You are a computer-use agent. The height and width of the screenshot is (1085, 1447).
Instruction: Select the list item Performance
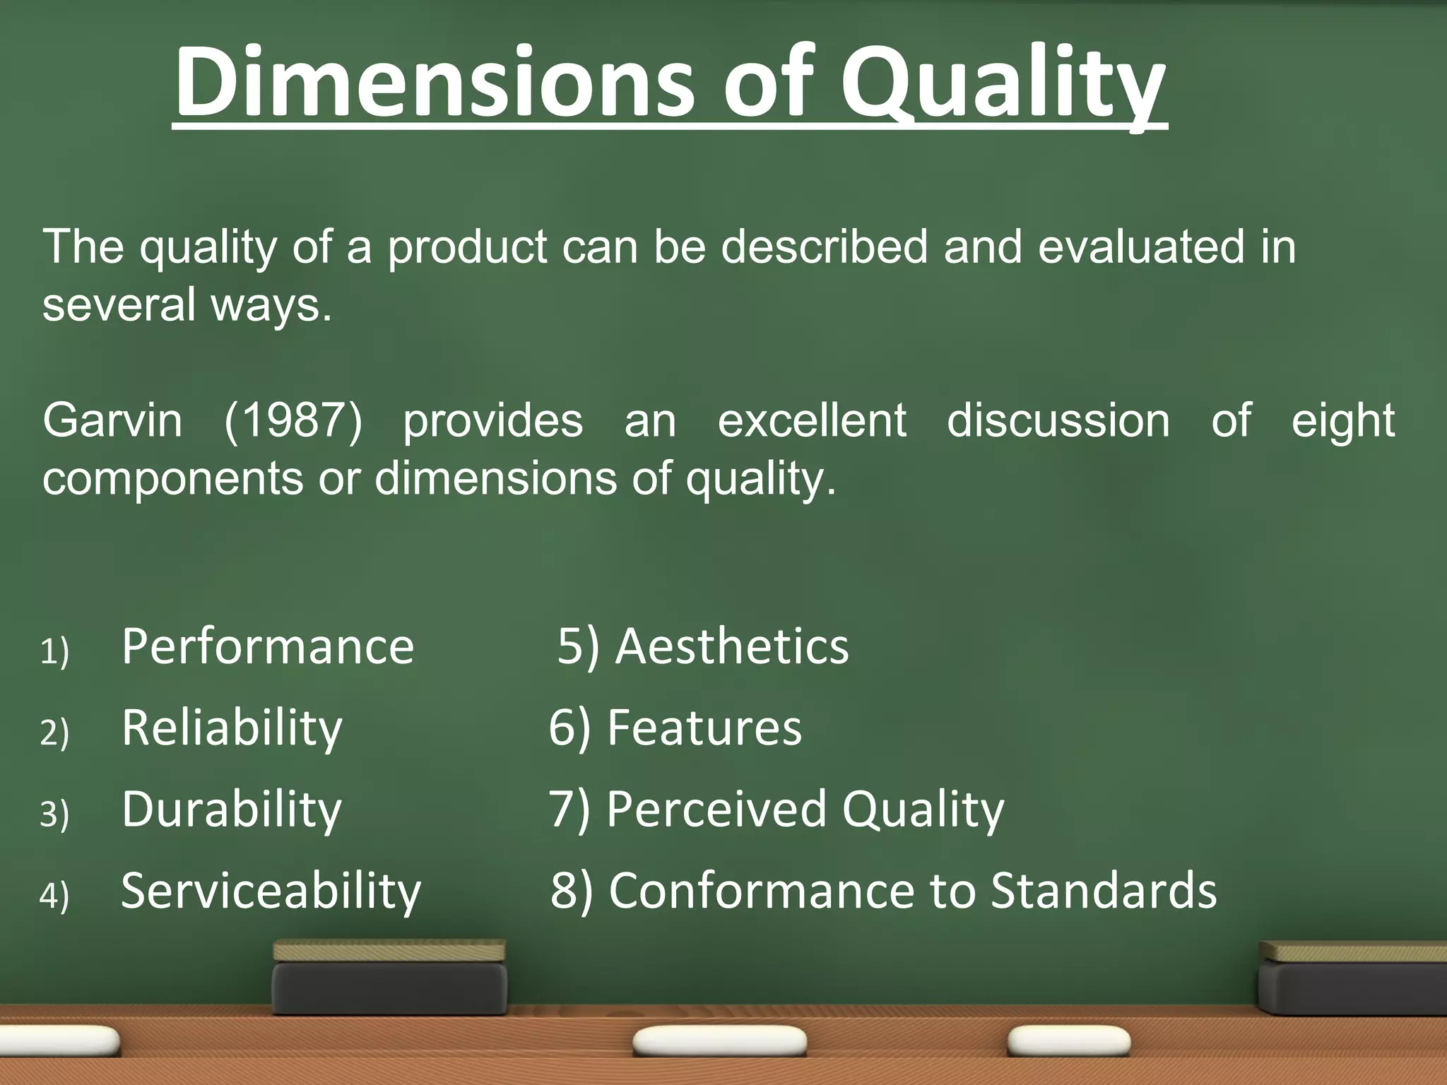point(267,646)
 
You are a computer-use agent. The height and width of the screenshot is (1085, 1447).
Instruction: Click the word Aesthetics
point(731,646)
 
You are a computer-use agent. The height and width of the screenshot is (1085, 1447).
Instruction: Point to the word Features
point(704,728)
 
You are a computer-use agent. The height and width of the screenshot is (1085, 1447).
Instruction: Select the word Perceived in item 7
point(716,810)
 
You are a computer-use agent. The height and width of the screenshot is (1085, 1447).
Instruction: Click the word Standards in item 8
point(1104,891)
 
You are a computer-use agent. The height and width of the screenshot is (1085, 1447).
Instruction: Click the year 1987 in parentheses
point(293,421)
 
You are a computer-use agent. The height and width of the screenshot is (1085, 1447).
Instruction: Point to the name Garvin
point(112,421)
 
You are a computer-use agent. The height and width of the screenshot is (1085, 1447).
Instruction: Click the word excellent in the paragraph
point(812,421)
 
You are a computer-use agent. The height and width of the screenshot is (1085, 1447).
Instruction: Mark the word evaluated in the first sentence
point(1140,247)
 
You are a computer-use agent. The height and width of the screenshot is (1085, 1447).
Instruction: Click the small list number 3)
point(54,814)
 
